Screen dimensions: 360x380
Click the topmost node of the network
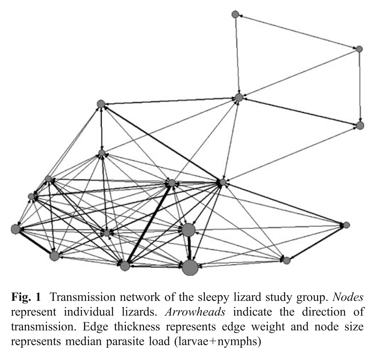click(x=235, y=14)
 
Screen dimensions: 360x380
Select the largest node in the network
click(x=190, y=267)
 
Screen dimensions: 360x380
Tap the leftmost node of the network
click(x=16, y=229)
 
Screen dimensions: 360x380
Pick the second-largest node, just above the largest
click(x=188, y=230)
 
